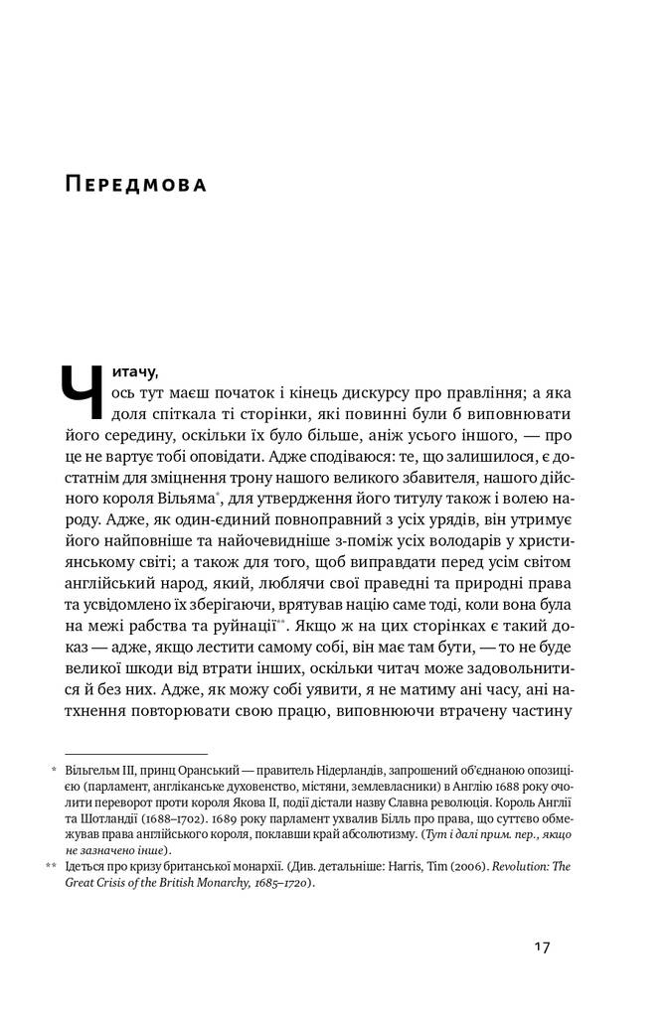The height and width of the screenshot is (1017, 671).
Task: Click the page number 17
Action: click(542, 946)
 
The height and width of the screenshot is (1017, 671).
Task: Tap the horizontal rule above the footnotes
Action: click(135, 754)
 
